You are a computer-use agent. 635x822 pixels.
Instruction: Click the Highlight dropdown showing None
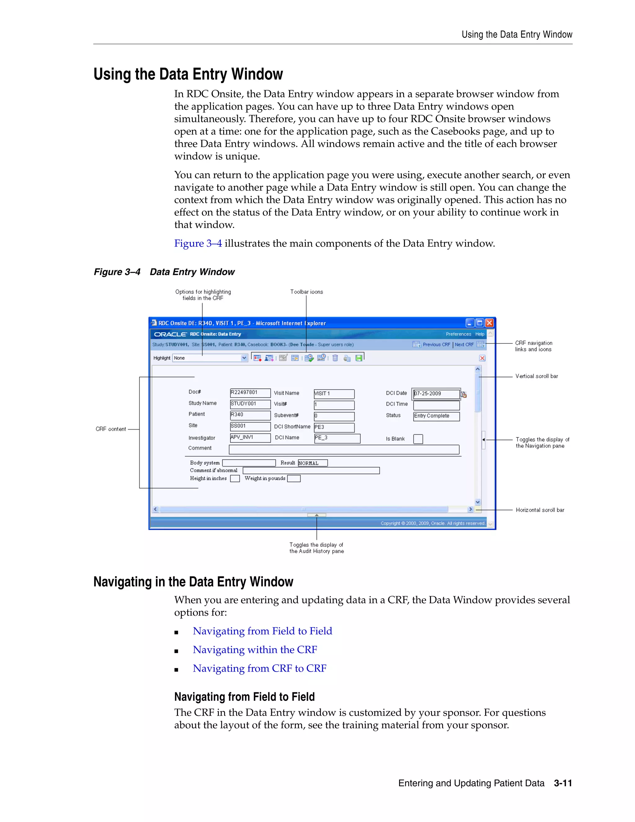point(210,358)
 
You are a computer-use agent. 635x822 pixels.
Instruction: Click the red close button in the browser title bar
point(489,323)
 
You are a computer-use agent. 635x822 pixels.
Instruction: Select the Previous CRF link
point(436,344)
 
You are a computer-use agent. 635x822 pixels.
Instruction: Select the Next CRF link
point(464,344)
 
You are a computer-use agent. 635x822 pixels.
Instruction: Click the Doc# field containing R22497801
point(250,393)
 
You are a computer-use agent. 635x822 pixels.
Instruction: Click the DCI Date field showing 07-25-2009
point(436,394)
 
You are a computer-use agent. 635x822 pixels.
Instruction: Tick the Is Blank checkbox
point(418,439)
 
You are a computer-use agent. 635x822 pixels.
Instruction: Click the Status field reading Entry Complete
point(436,416)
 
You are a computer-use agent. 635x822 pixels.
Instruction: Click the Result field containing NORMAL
point(312,463)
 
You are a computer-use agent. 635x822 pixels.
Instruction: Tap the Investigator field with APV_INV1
point(250,437)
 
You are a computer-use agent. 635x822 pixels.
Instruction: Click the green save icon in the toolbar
point(359,358)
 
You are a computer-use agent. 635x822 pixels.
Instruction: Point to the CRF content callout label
point(111,429)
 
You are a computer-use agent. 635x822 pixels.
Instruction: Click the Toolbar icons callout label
point(306,292)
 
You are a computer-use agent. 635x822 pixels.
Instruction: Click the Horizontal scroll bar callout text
point(540,510)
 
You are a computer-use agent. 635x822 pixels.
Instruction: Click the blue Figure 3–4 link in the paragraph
point(198,243)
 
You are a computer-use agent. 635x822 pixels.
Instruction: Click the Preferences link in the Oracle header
point(458,334)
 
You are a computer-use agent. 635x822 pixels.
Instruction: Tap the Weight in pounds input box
point(294,479)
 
